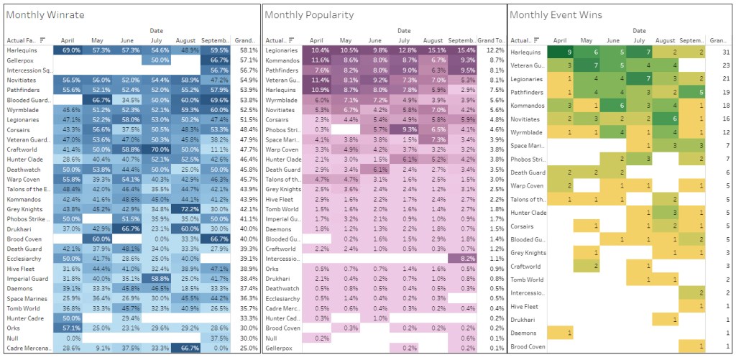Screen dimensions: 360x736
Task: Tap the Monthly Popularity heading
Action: click(309, 14)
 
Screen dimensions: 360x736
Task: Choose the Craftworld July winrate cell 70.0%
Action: click(160, 148)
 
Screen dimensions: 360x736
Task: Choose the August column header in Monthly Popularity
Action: click(433, 41)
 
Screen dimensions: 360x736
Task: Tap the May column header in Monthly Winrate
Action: click(101, 41)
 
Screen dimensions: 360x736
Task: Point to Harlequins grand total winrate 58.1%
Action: click(249, 51)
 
